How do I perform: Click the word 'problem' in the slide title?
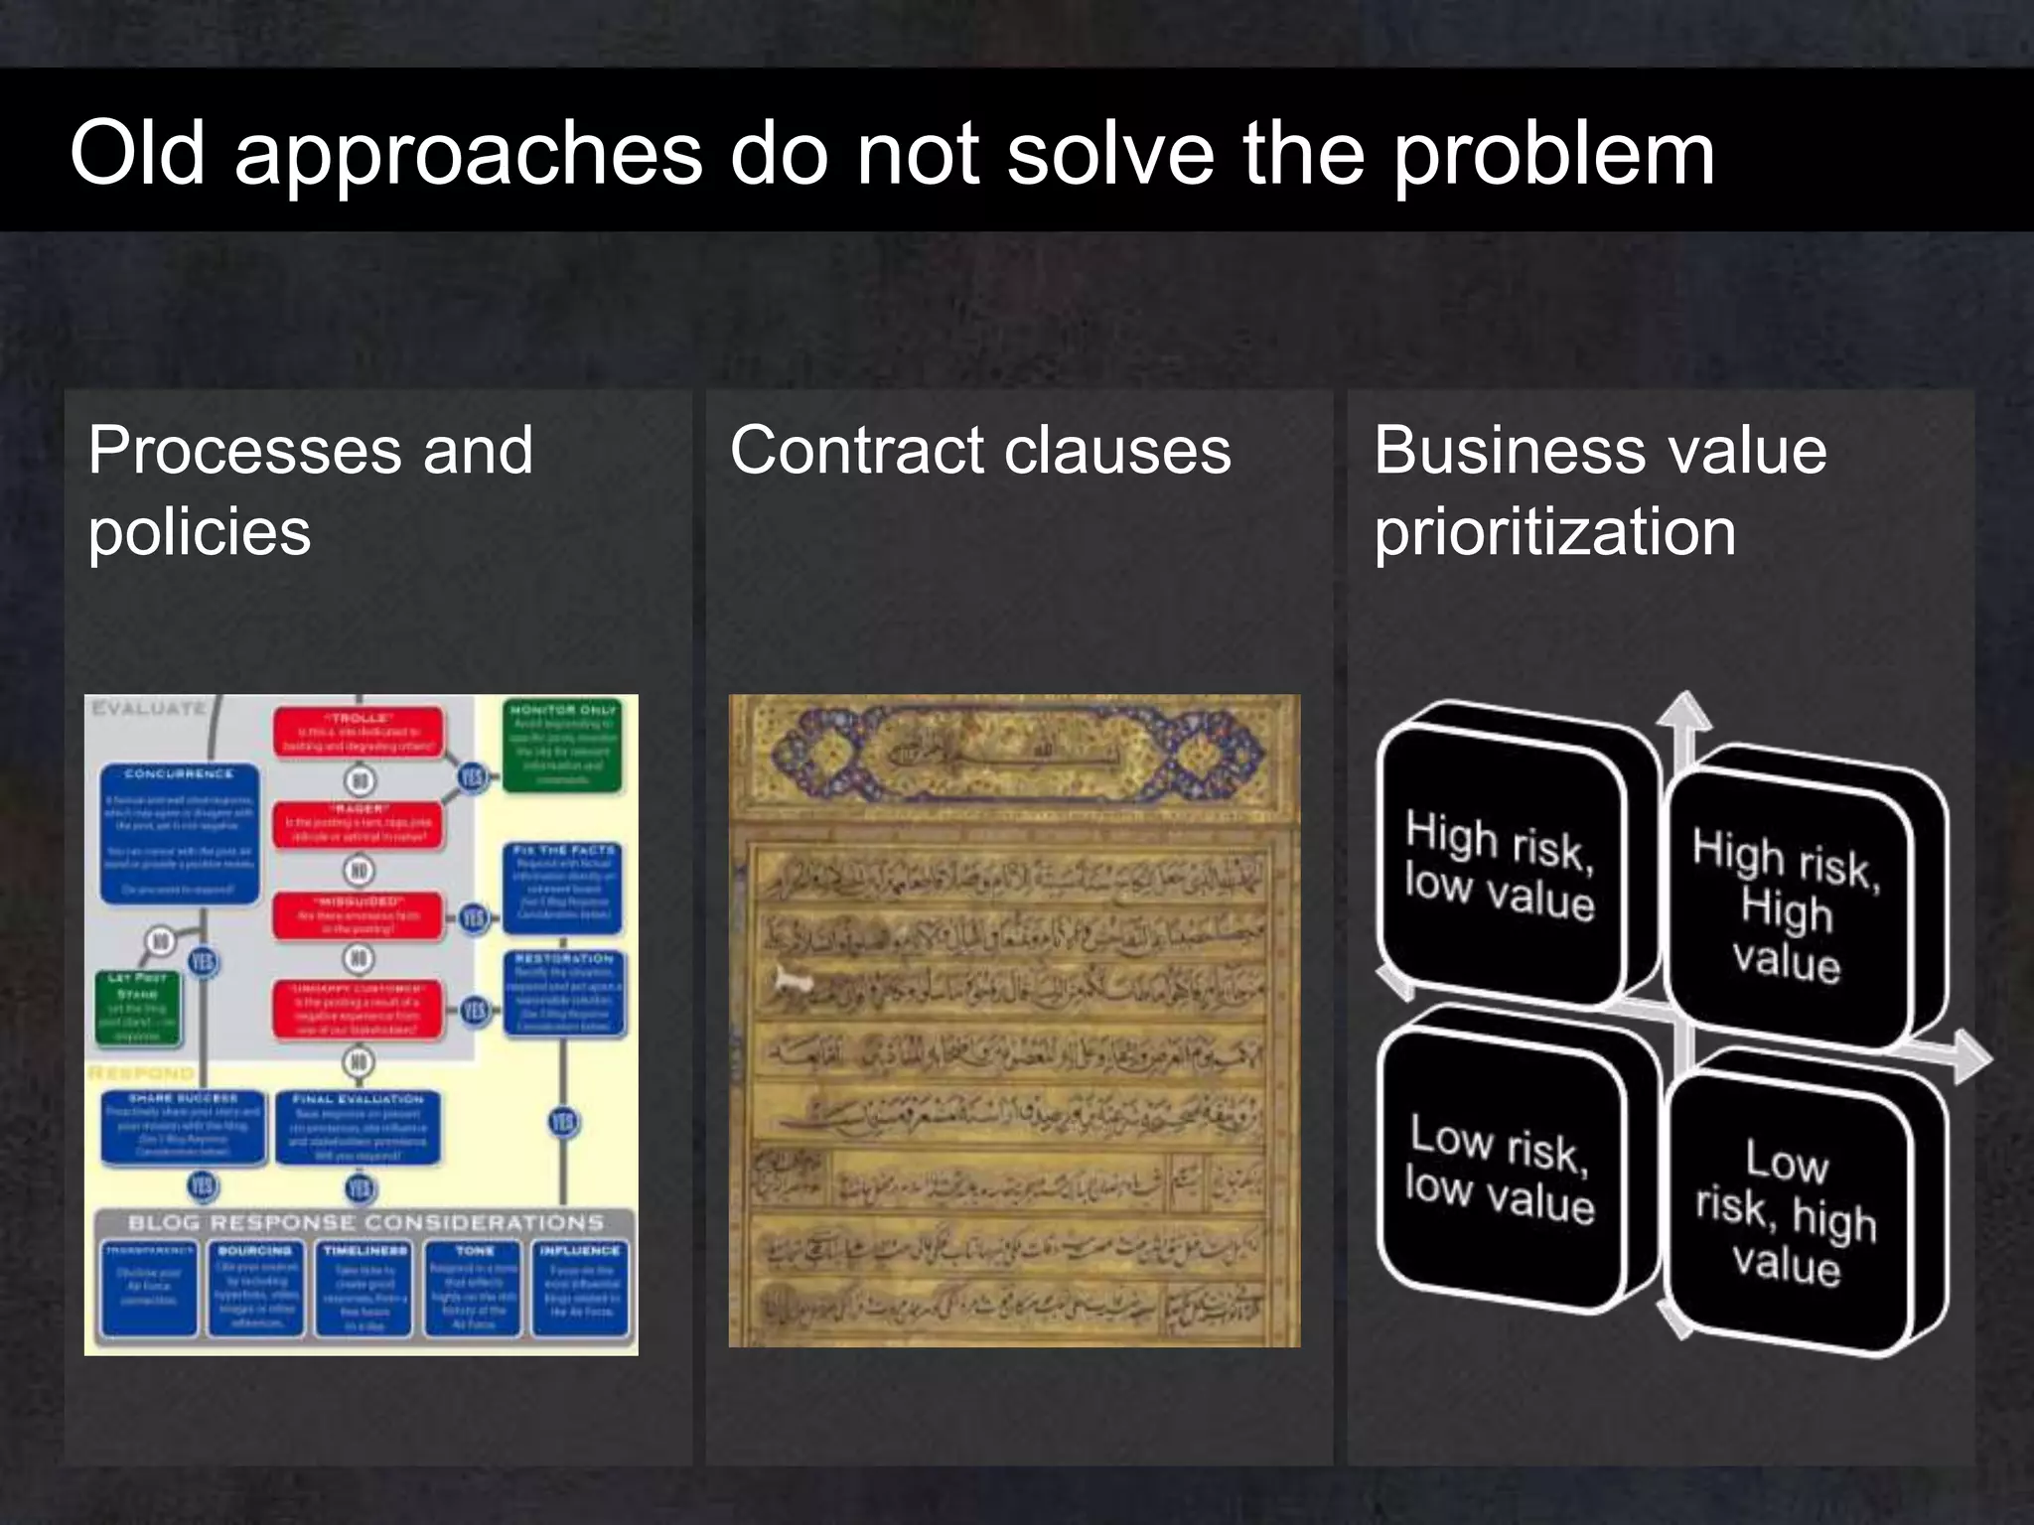click(x=1554, y=155)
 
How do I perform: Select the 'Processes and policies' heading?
click(x=310, y=490)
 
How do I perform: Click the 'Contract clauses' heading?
click(x=980, y=451)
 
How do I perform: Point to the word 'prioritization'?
click(x=1554, y=532)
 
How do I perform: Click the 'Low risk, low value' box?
click(x=1500, y=1168)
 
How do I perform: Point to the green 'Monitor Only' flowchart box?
click(x=563, y=745)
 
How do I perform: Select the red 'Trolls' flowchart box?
click(x=359, y=733)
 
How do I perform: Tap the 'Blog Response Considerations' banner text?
click(x=364, y=1222)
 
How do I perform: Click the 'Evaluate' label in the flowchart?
click(x=149, y=709)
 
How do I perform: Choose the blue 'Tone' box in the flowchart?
click(x=474, y=1288)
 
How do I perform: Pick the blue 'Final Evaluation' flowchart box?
click(x=359, y=1128)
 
